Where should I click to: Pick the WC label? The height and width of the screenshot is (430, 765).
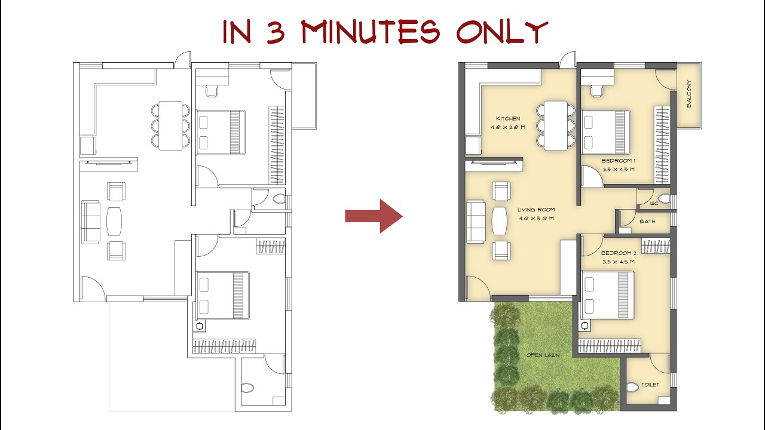point(654,204)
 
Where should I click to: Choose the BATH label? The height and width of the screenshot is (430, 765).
point(647,222)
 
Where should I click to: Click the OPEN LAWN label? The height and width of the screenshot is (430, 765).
point(543,355)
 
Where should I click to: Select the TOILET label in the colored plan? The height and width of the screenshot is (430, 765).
point(650,385)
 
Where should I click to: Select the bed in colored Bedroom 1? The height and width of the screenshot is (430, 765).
point(607,132)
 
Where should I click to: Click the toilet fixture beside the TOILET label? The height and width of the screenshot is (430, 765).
point(633,387)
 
